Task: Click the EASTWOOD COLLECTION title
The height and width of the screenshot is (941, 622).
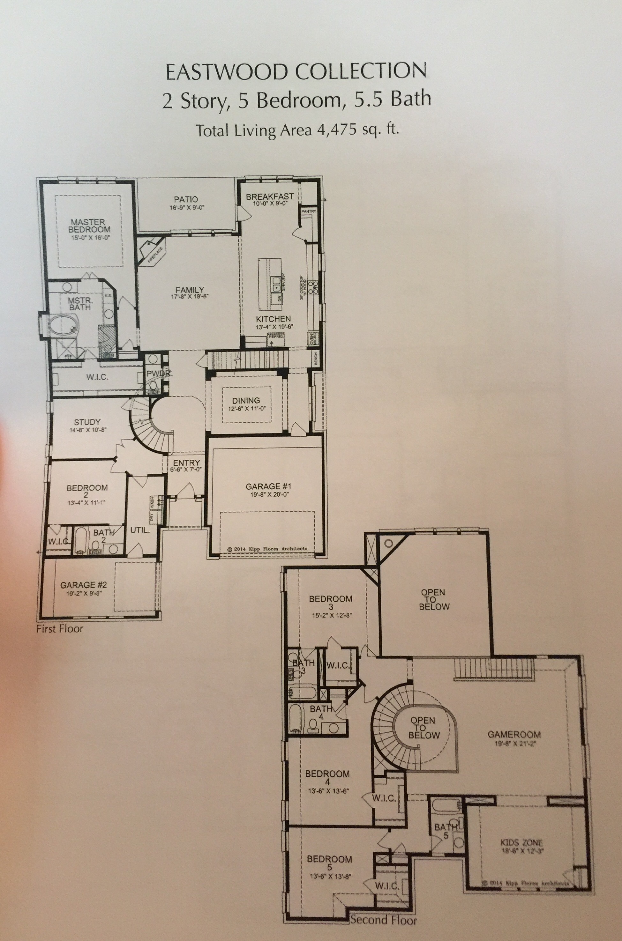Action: click(x=296, y=72)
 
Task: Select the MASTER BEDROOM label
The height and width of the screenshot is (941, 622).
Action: click(x=89, y=226)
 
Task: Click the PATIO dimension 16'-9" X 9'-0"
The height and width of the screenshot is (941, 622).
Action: click(x=186, y=207)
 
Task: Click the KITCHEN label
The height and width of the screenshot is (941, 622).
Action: click(x=273, y=319)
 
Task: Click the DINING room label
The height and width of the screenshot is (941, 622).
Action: click(x=246, y=400)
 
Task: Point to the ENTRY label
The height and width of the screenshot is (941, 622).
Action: click(x=186, y=463)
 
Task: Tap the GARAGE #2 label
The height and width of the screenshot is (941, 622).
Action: click(x=83, y=585)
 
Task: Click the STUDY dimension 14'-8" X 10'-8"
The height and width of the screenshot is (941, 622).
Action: click(x=87, y=430)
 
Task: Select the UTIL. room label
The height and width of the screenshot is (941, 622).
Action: click(x=140, y=530)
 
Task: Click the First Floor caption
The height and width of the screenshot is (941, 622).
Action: click(x=60, y=628)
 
